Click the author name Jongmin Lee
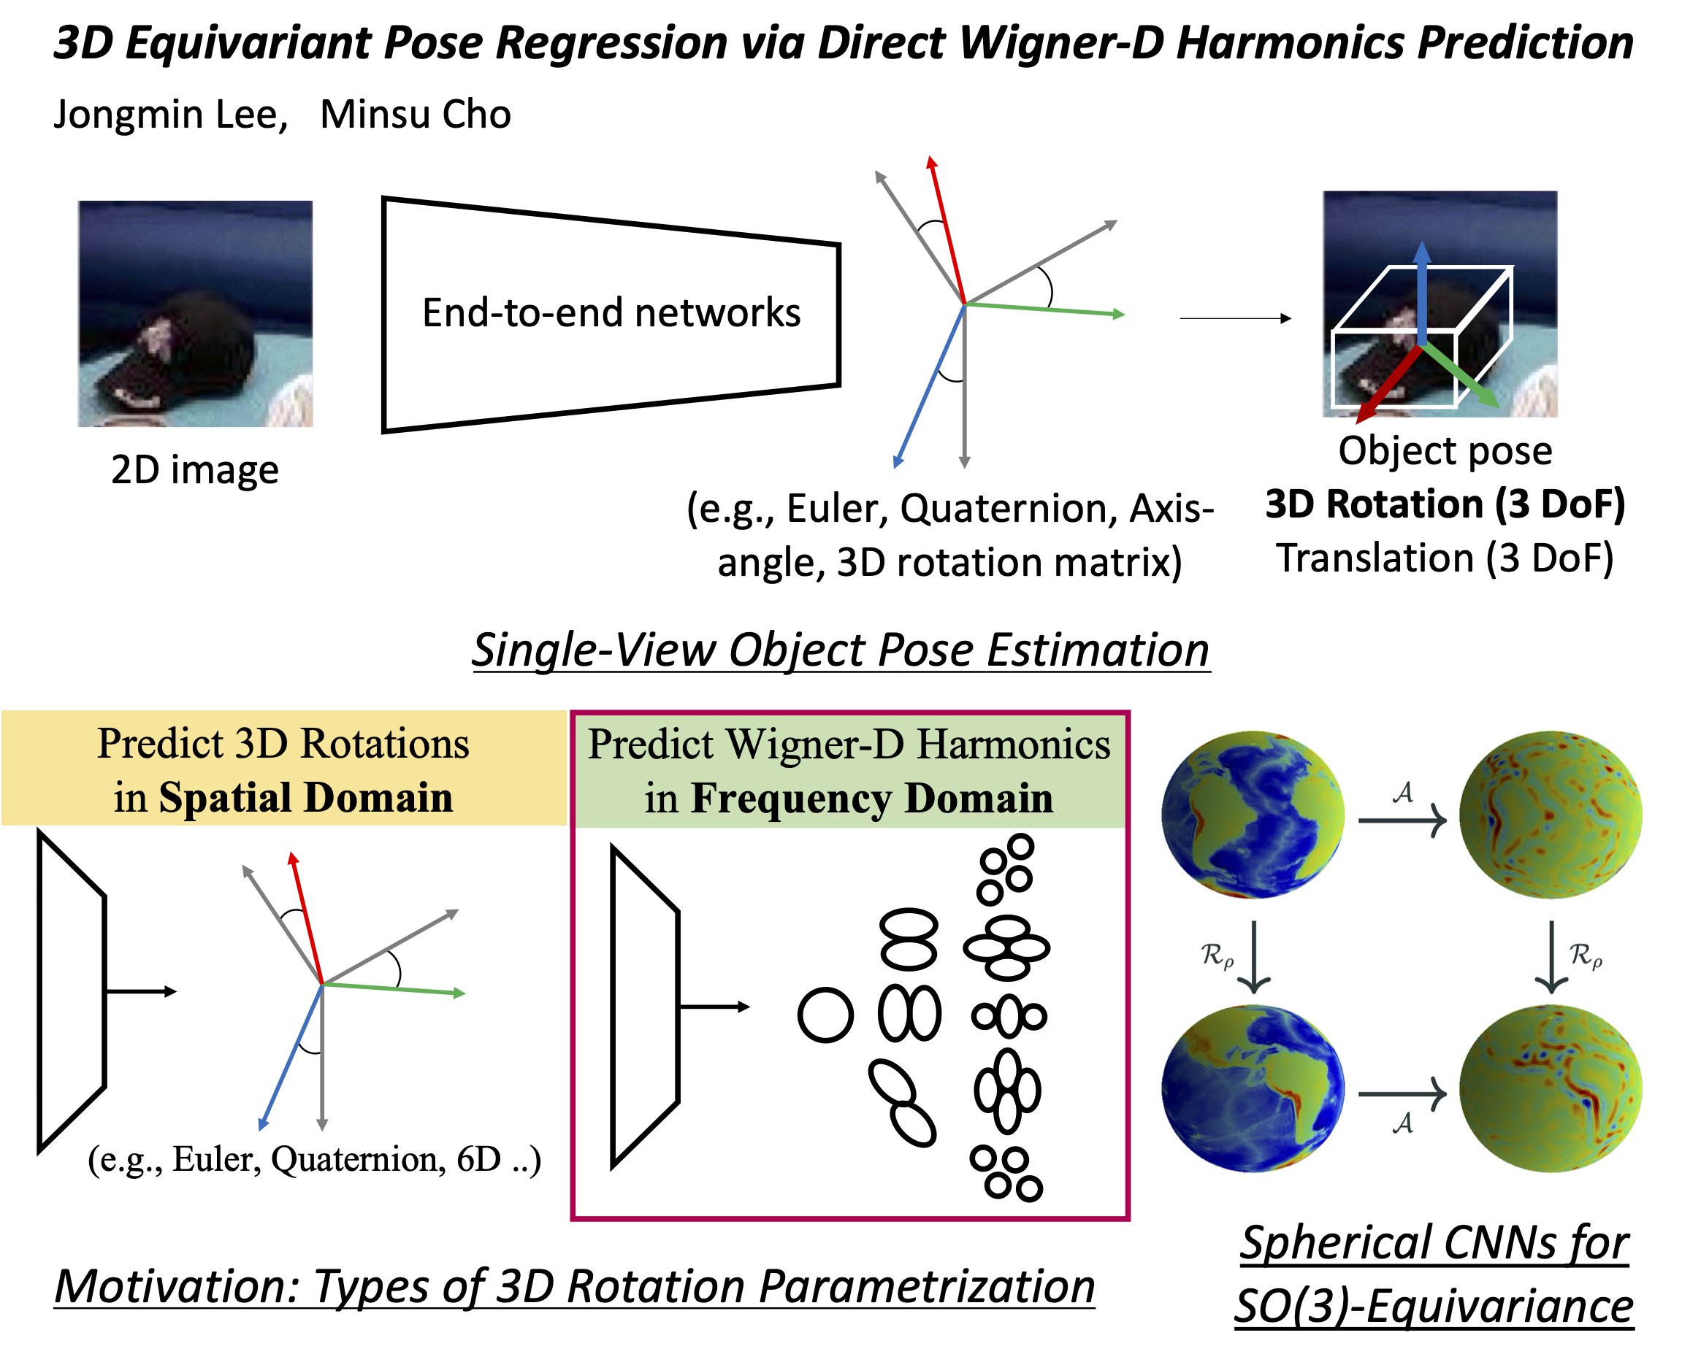tap(170, 115)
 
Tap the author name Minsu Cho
tap(415, 115)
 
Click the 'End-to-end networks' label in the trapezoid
tap(611, 312)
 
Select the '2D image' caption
tap(195, 470)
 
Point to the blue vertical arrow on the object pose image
tap(1421, 293)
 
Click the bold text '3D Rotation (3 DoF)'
tap(1445, 504)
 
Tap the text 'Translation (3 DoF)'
tap(1445, 558)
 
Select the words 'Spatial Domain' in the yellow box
tap(306, 798)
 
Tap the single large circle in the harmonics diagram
tap(825, 1015)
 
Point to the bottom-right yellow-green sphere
tap(1550, 1090)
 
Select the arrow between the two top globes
tap(1402, 820)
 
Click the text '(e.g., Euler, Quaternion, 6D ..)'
tap(313, 1160)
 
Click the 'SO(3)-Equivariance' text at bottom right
tap(1433, 1307)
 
